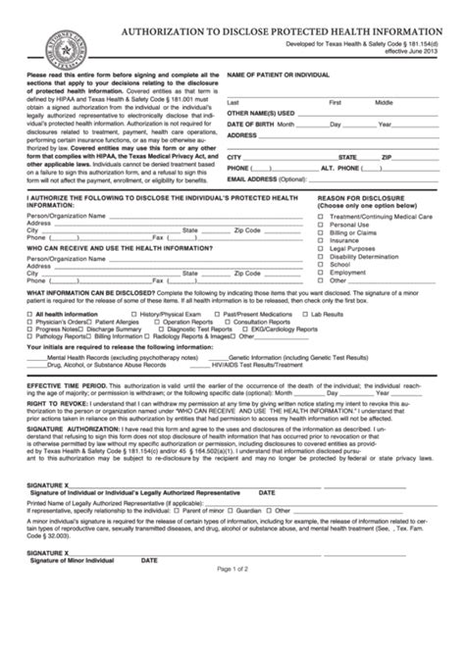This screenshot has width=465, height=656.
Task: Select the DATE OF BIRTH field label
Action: tap(250, 126)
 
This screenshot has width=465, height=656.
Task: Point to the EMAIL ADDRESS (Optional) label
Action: tap(264, 180)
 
